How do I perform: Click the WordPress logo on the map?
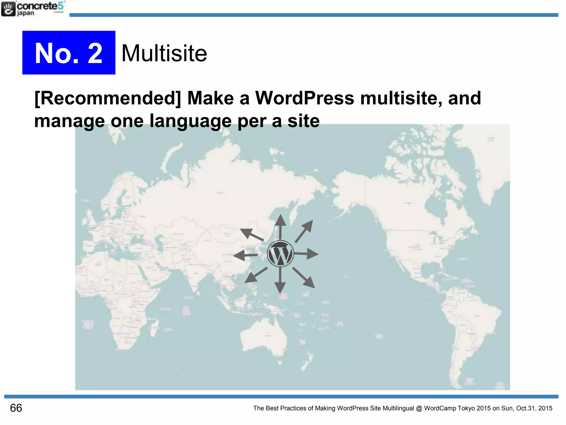click(280, 253)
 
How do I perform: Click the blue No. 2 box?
click(69, 53)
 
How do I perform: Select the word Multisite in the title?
click(164, 53)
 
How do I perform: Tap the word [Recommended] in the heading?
click(108, 98)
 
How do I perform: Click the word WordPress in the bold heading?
click(304, 98)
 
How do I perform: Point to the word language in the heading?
click(190, 121)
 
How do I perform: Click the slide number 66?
click(16, 408)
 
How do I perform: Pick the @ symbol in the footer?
click(419, 408)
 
